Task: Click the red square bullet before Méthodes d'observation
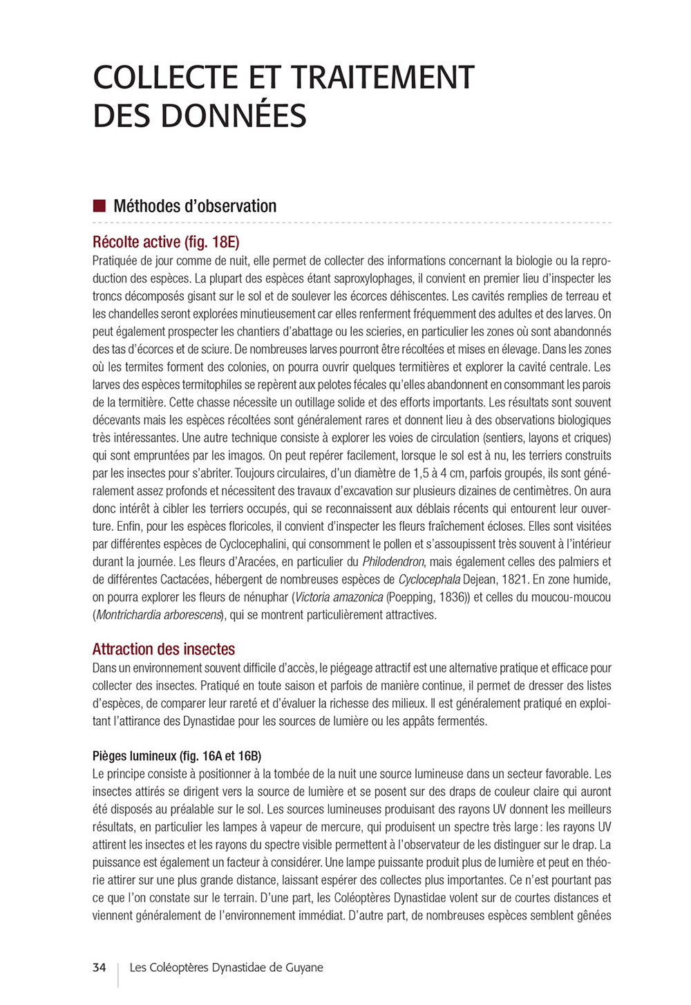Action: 99,205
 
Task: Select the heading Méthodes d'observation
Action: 195,206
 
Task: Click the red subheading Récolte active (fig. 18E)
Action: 166,242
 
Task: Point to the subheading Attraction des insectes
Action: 164,649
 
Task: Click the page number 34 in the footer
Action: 100,968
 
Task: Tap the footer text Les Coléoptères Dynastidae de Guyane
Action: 227,968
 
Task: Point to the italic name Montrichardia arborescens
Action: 158,615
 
